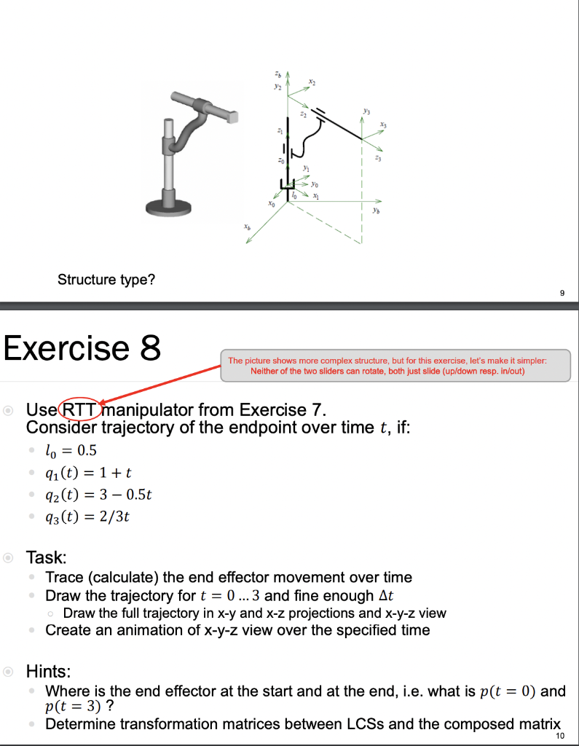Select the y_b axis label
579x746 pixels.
374,212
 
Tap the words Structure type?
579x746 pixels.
106,280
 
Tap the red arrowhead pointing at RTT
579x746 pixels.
104,403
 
